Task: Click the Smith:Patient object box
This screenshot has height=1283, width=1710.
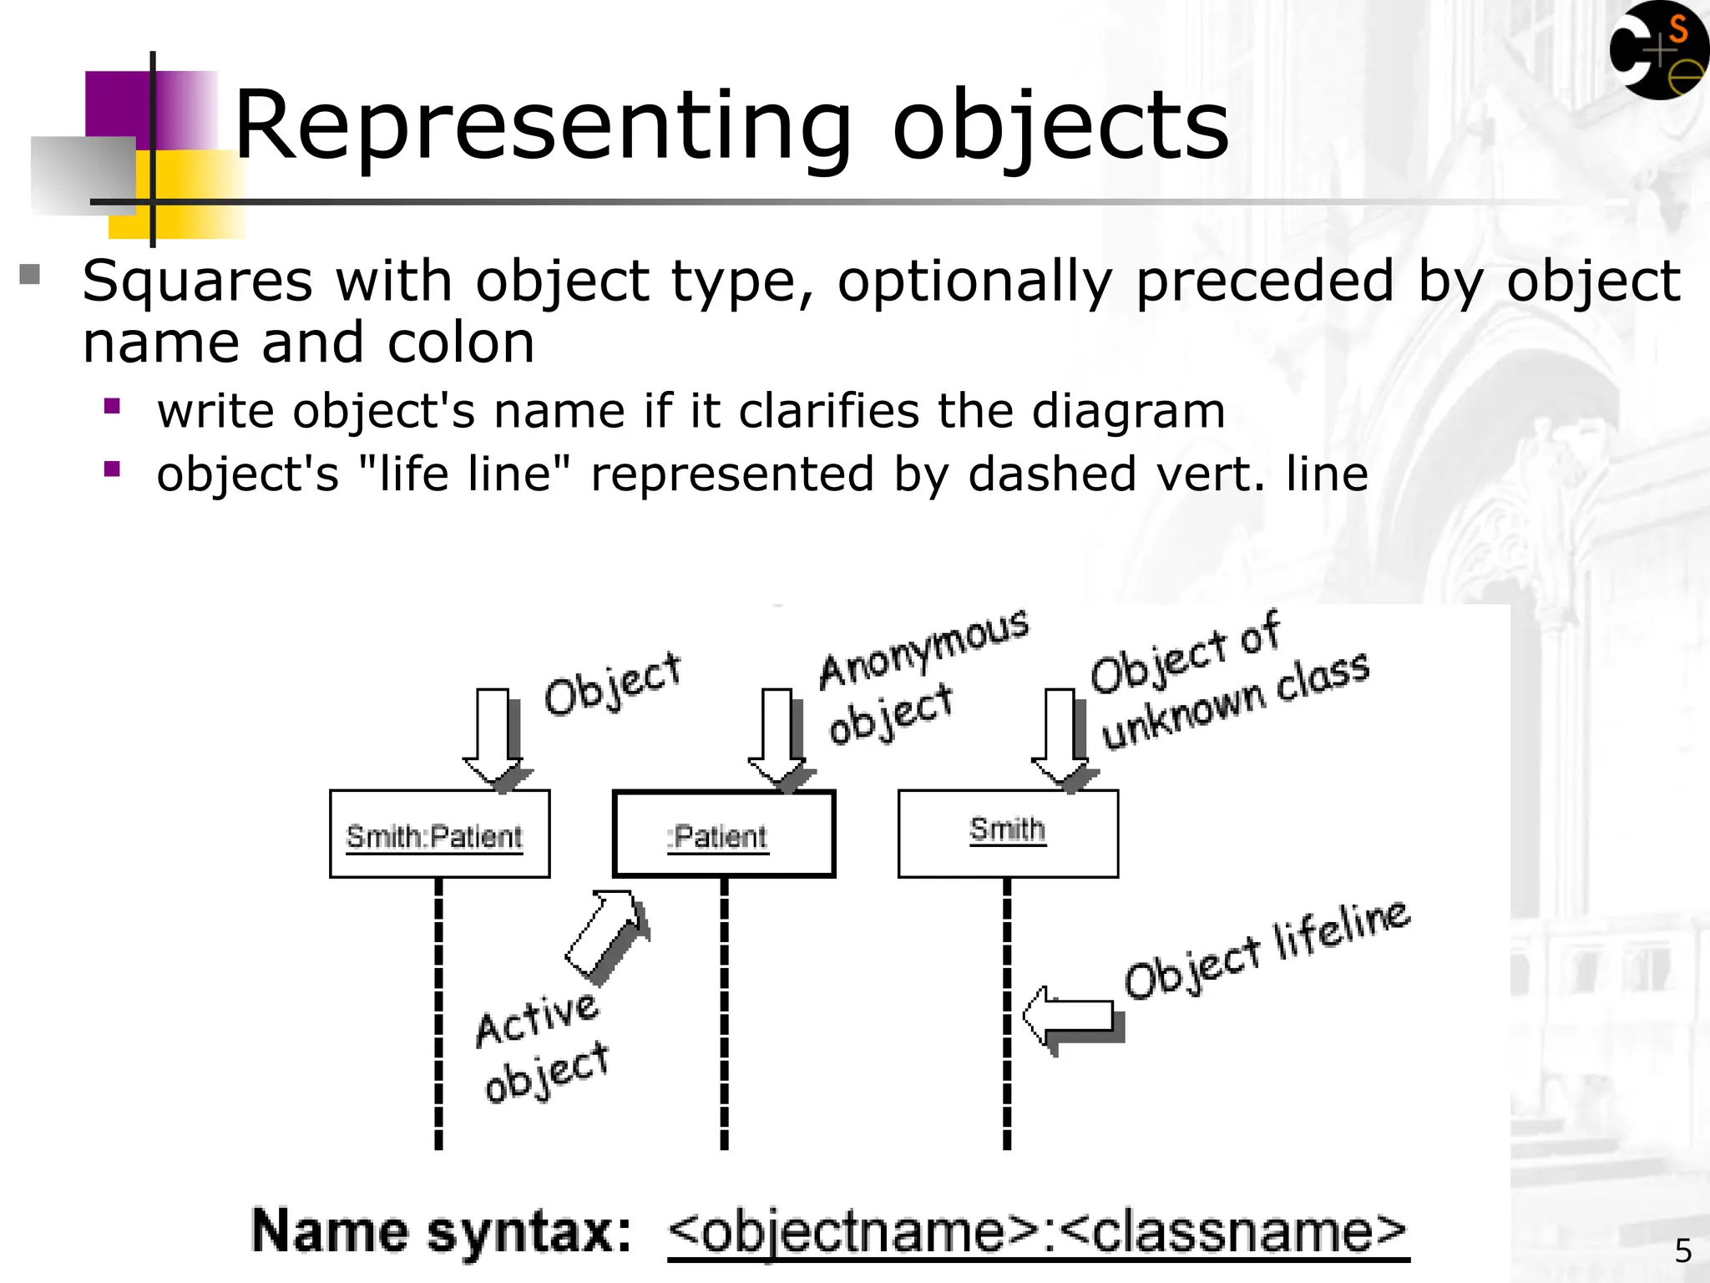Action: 439,834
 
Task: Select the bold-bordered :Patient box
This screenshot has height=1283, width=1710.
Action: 723,834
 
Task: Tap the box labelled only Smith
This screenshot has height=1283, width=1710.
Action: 1008,834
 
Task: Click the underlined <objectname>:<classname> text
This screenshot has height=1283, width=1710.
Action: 1038,1232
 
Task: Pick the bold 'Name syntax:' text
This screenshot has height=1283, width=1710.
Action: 442,1231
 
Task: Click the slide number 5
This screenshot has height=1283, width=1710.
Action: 1683,1250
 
